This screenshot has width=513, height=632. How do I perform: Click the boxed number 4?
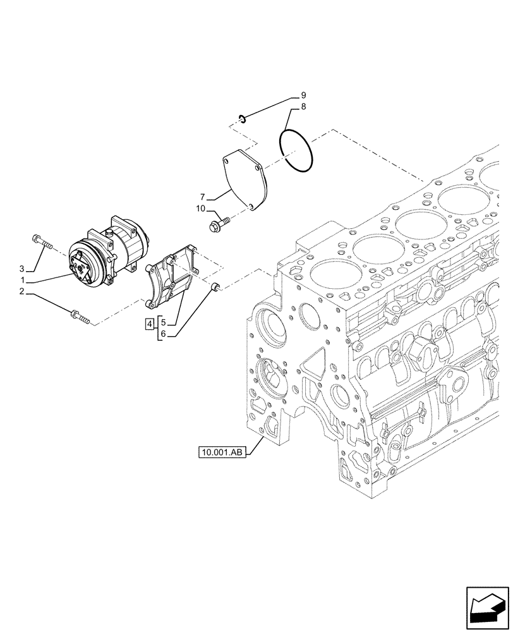(150, 325)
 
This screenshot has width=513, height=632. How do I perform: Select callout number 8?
(303, 107)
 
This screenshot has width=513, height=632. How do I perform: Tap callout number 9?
(303, 95)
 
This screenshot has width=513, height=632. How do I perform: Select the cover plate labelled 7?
(246, 179)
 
